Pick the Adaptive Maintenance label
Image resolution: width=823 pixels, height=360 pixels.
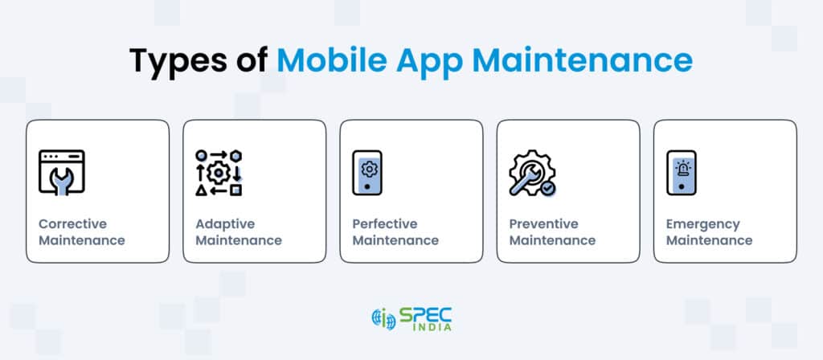point(239,231)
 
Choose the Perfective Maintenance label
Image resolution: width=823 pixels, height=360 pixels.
point(395,231)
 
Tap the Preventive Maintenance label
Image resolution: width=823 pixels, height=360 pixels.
point(552,231)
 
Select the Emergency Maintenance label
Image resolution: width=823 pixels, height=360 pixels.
point(709,231)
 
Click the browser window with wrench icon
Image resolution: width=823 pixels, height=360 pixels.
point(62,173)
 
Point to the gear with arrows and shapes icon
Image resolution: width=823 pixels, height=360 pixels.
point(219,173)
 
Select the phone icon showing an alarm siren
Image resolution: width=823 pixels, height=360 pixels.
point(682,173)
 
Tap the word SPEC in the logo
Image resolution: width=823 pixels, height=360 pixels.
point(427,313)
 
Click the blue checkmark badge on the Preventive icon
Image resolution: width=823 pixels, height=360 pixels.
point(547,187)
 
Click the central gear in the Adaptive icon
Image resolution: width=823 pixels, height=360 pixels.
point(219,172)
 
